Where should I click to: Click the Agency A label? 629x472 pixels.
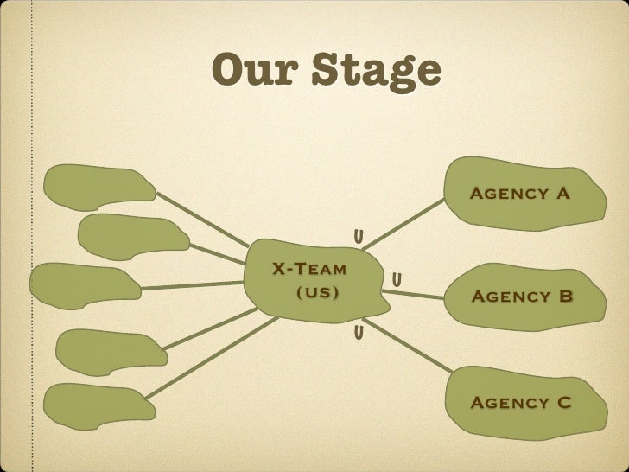(x=519, y=193)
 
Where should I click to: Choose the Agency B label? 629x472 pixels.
(x=521, y=297)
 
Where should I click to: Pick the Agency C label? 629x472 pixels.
(x=520, y=403)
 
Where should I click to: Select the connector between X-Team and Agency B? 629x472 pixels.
(x=413, y=295)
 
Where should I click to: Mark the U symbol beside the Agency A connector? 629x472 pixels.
(x=357, y=237)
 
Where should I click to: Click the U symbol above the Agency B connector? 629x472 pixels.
(x=396, y=280)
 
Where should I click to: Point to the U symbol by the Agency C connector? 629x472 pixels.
(x=357, y=332)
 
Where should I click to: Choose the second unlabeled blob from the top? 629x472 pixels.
(x=132, y=237)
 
